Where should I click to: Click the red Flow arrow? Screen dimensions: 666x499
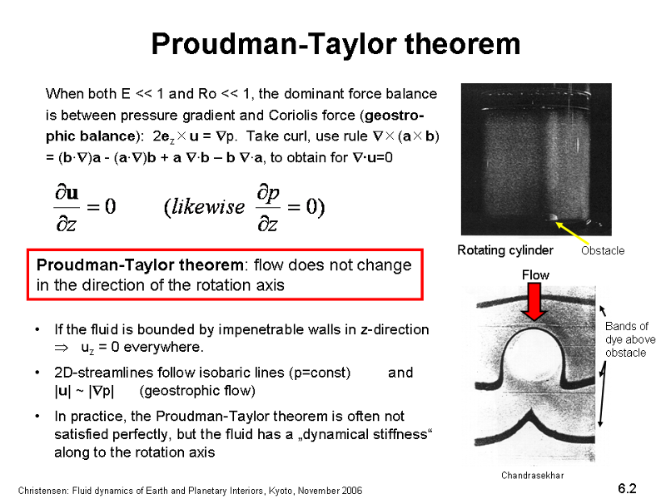pyautogui.click(x=534, y=302)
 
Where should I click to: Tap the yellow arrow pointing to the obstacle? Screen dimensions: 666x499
pyautogui.click(x=571, y=232)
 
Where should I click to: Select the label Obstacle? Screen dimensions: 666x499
pyautogui.click(x=603, y=251)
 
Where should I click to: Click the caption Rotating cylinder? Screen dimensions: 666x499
pyautogui.click(x=505, y=250)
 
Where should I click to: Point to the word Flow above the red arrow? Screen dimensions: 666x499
pyautogui.click(x=535, y=275)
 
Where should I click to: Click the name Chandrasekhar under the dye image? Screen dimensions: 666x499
pyautogui.click(x=533, y=475)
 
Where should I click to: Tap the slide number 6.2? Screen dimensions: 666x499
pyautogui.click(x=627, y=488)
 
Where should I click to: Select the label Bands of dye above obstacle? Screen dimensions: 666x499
pyautogui.click(x=630, y=339)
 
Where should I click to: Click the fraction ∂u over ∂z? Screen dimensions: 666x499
pyautogui.click(x=67, y=207)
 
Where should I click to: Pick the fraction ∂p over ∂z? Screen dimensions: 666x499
pyautogui.click(x=268, y=207)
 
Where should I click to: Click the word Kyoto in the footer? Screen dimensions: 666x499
pyautogui.click(x=281, y=491)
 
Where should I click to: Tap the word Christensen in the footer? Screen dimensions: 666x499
pyautogui.click(x=42, y=491)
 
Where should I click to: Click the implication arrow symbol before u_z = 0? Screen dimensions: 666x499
pyautogui.click(x=61, y=348)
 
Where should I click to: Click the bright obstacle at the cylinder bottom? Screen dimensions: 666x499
pyautogui.click(x=552, y=218)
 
